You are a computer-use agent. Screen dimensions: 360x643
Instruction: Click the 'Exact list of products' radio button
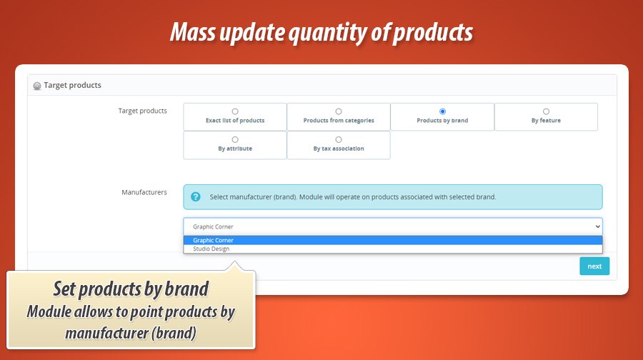235,111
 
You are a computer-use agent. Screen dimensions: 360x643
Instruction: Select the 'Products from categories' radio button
339,111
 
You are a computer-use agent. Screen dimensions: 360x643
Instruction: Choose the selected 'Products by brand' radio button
442,111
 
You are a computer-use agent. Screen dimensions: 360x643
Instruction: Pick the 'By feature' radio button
546,111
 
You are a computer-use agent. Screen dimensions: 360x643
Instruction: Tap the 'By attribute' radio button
235,140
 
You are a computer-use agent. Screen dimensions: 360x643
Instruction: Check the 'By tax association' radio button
339,140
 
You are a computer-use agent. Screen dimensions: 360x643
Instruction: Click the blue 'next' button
594,266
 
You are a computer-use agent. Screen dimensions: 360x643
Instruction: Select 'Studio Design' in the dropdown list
211,249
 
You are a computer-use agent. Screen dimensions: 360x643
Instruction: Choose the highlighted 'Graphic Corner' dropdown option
213,241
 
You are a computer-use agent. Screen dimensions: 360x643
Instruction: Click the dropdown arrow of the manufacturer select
597,226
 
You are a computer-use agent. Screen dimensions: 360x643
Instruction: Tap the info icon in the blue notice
196,196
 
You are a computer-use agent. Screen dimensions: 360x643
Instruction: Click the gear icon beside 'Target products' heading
37,86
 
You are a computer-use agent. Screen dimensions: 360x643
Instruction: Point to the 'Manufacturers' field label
144,192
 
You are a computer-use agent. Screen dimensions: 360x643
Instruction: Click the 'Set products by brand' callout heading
131,289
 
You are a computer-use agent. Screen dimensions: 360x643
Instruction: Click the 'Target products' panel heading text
72,85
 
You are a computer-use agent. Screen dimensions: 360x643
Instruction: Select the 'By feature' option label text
546,121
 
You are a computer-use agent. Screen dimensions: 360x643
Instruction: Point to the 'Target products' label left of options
142,111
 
